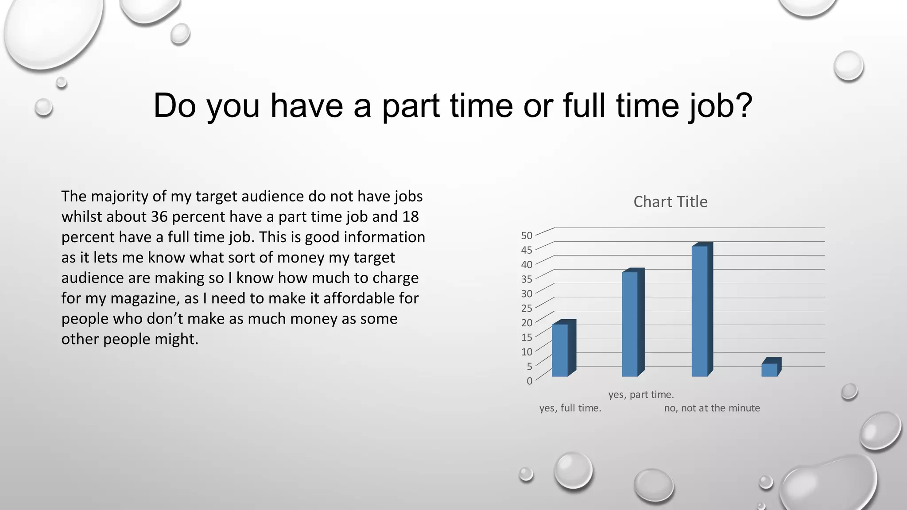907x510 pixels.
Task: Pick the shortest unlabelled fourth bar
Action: (x=770, y=370)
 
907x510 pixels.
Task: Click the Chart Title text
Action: (x=670, y=202)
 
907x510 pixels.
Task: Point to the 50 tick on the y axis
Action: (x=527, y=236)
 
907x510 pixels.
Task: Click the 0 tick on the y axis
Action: (x=529, y=381)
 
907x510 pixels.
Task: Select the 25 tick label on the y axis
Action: (x=527, y=308)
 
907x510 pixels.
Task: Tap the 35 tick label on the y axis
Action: (x=527, y=279)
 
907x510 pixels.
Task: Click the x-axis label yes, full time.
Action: (x=570, y=408)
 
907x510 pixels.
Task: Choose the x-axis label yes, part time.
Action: (x=641, y=394)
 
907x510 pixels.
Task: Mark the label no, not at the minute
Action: (x=712, y=408)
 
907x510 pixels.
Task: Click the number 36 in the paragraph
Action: (x=159, y=216)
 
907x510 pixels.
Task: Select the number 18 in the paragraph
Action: (x=410, y=216)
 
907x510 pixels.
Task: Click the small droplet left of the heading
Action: (x=43, y=107)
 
